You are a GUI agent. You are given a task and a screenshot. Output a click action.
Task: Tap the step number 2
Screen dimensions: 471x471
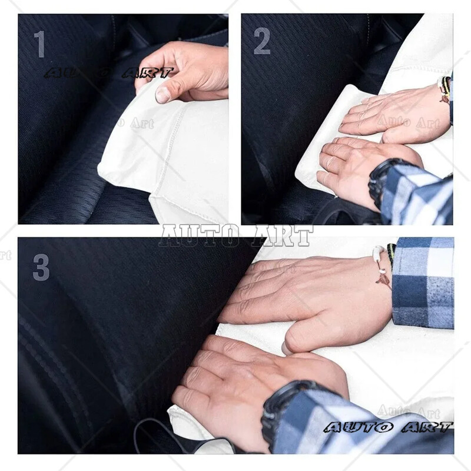click(x=262, y=42)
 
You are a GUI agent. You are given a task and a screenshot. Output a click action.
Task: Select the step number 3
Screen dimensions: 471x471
click(x=41, y=267)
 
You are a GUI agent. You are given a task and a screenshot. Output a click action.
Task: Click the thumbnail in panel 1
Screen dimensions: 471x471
click(x=163, y=95)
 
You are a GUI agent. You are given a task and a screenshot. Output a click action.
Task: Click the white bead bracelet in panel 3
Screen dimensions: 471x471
click(x=380, y=265)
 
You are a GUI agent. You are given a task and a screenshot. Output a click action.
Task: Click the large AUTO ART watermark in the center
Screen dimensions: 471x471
click(x=236, y=235)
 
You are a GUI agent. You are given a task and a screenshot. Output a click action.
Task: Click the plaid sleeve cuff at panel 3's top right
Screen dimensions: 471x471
click(x=422, y=283)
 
